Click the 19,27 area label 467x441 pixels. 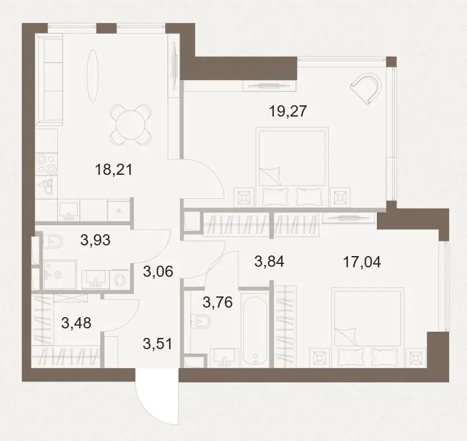point(288,112)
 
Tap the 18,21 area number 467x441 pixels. point(114,170)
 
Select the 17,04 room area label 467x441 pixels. point(362,262)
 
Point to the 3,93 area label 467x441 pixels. point(95,240)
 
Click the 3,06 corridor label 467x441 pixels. point(158,271)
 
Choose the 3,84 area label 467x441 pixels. point(269,261)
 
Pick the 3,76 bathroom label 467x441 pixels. point(217,303)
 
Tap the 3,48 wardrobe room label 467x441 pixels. point(76,323)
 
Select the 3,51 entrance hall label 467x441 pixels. point(157,344)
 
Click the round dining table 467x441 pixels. point(130,125)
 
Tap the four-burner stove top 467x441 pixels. point(46,164)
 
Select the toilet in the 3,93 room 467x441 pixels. point(53,241)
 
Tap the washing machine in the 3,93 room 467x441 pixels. point(120,280)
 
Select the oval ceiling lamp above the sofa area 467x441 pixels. point(92,76)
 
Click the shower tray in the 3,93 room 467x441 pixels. point(60,275)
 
